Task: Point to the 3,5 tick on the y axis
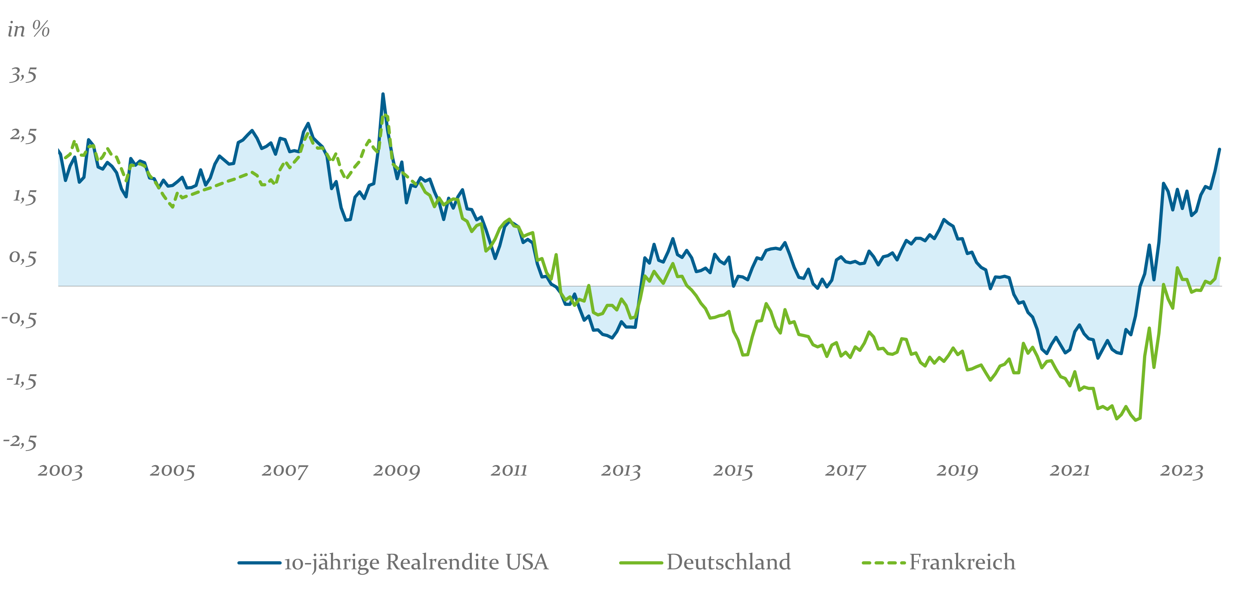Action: (23, 75)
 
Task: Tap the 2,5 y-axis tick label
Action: (23, 136)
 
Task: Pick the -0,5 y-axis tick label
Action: (20, 319)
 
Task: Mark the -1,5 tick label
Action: (21, 381)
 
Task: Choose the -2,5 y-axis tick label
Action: (20, 442)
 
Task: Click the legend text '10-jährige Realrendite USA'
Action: (416, 562)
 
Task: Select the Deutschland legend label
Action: (729, 562)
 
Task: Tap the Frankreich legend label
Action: (962, 562)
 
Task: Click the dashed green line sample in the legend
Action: (883, 563)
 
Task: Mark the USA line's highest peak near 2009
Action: (383, 94)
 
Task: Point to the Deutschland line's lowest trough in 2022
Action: (1136, 420)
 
